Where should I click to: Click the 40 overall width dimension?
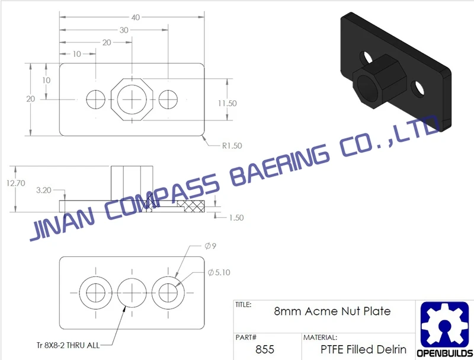[x=136, y=17]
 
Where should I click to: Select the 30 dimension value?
[x=124, y=30]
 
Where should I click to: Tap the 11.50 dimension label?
[x=228, y=103]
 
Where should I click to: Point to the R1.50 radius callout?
[x=232, y=146]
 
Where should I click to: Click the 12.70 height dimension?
[x=16, y=183]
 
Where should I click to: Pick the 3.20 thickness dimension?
[x=43, y=190]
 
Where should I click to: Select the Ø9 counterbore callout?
[x=210, y=246]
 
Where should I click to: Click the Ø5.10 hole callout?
[x=219, y=273]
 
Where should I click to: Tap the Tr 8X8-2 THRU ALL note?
[x=68, y=345]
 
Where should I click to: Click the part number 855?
[x=264, y=349]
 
